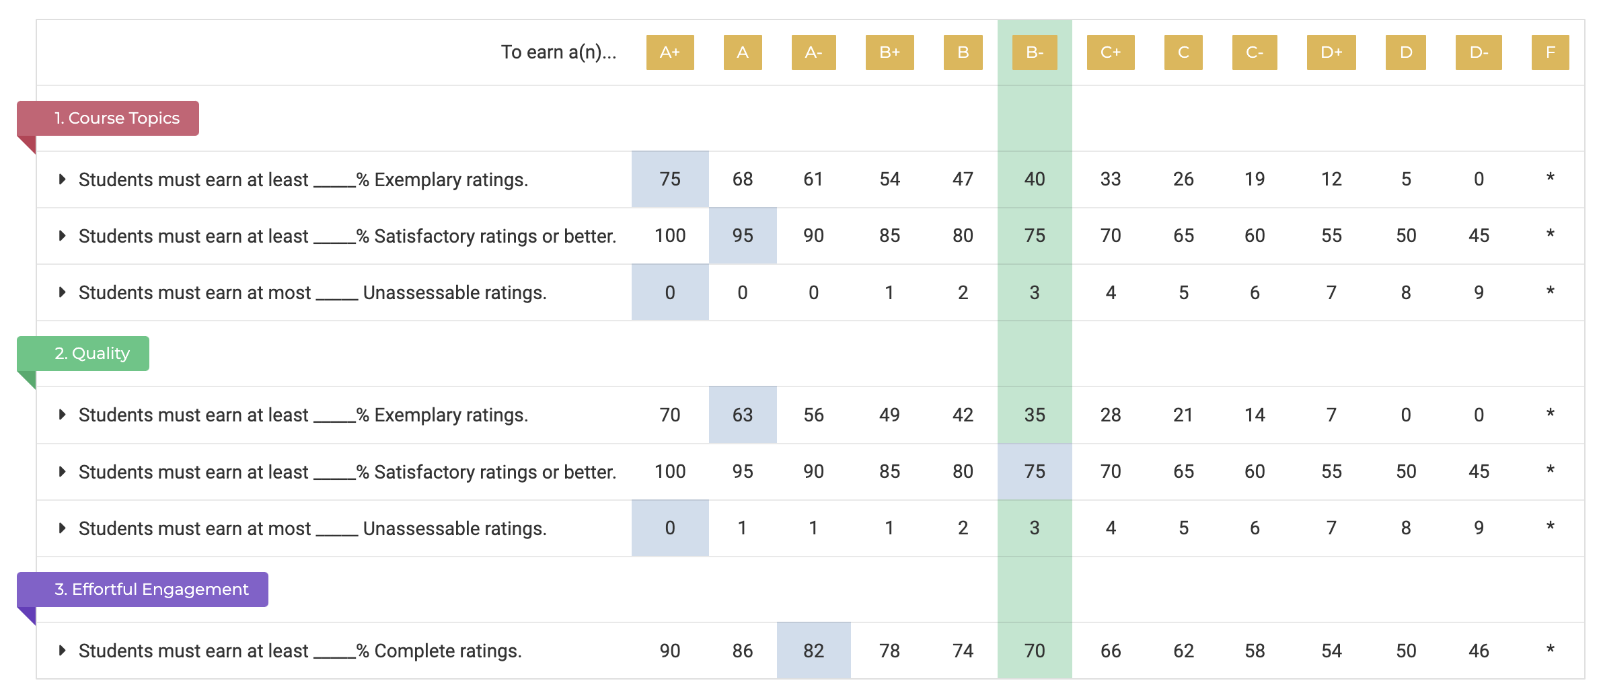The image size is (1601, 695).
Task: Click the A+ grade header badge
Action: click(x=669, y=52)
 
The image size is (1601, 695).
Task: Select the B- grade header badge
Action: click(x=1035, y=52)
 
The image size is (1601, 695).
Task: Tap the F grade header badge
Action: click(x=1550, y=52)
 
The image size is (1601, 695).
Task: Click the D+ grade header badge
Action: click(x=1331, y=52)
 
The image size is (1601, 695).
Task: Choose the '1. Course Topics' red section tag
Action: click(x=108, y=118)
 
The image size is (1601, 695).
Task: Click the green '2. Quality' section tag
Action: click(x=83, y=354)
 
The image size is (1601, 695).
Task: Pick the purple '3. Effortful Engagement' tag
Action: click(x=143, y=589)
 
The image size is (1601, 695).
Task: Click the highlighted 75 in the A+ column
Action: click(x=670, y=179)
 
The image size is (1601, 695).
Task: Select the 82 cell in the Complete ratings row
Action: click(x=813, y=651)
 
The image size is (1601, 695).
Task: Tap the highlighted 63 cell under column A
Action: click(x=743, y=415)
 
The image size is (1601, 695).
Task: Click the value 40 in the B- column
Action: click(x=1035, y=179)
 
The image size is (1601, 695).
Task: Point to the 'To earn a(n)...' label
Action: click(x=558, y=52)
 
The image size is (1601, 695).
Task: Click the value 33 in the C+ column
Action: click(x=1111, y=179)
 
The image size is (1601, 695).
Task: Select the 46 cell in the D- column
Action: click(x=1479, y=651)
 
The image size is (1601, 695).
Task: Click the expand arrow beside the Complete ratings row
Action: click(x=62, y=650)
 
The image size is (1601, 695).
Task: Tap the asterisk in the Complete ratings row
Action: click(x=1550, y=649)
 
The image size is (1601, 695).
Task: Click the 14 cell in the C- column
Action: click(x=1255, y=415)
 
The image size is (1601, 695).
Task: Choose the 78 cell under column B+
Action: click(x=889, y=651)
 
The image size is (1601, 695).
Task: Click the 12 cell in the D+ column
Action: click(x=1331, y=179)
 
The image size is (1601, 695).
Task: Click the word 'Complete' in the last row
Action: click(x=412, y=651)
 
